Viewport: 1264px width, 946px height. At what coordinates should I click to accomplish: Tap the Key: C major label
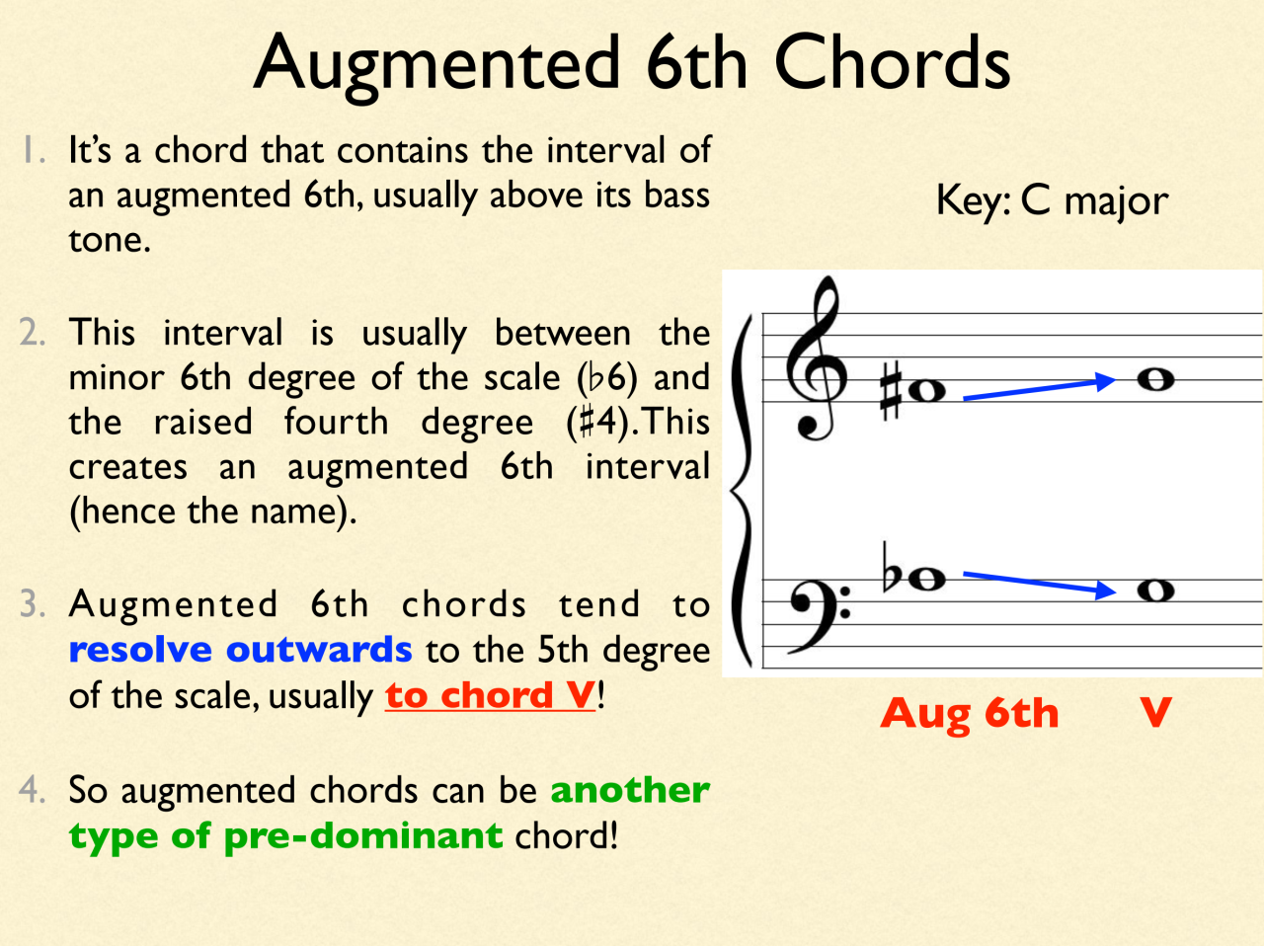pyautogui.click(x=1051, y=200)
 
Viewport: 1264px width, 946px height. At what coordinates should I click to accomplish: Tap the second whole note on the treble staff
pyautogui.click(x=1154, y=380)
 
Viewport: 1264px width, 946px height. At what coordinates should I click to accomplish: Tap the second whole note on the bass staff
pyautogui.click(x=1154, y=591)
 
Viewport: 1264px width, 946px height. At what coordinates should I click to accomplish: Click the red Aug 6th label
pyautogui.click(x=969, y=713)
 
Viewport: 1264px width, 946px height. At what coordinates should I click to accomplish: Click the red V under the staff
pyautogui.click(x=1154, y=713)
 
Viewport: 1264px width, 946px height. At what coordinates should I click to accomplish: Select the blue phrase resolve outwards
pyautogui.click(x=240, y=650)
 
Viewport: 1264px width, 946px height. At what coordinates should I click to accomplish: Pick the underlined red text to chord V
pyautogui.click(x=490, y=695)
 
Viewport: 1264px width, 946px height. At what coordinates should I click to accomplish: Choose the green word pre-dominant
pyautogui.click(x=362, y=836)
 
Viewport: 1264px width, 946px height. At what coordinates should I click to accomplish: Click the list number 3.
pyautogui.click(x=32, y=604)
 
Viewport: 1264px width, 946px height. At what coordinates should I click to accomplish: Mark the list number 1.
pyautogui.click(x=33, y=150)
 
